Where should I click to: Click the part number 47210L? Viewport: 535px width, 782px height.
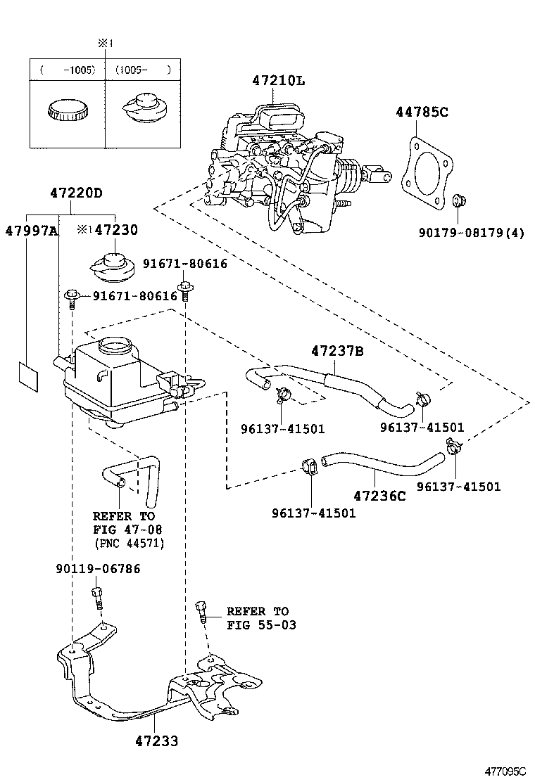[279, 81]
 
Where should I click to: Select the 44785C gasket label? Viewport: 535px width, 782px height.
[422, 112]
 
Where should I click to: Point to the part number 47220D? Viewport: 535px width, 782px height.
[76, 193]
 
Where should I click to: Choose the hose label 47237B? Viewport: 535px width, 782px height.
[338, 350]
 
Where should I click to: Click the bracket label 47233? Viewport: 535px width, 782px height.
[156, 741]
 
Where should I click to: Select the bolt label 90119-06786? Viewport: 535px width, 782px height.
[97, 568]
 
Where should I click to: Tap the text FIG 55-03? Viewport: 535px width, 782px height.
[261, 625]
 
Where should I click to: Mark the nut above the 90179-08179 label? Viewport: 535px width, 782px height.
[457, 201]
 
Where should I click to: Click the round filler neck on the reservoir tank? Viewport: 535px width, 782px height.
[114, 345]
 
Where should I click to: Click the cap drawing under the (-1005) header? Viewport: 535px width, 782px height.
[67, 110]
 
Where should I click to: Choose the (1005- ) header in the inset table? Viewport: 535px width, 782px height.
[143, 70]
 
